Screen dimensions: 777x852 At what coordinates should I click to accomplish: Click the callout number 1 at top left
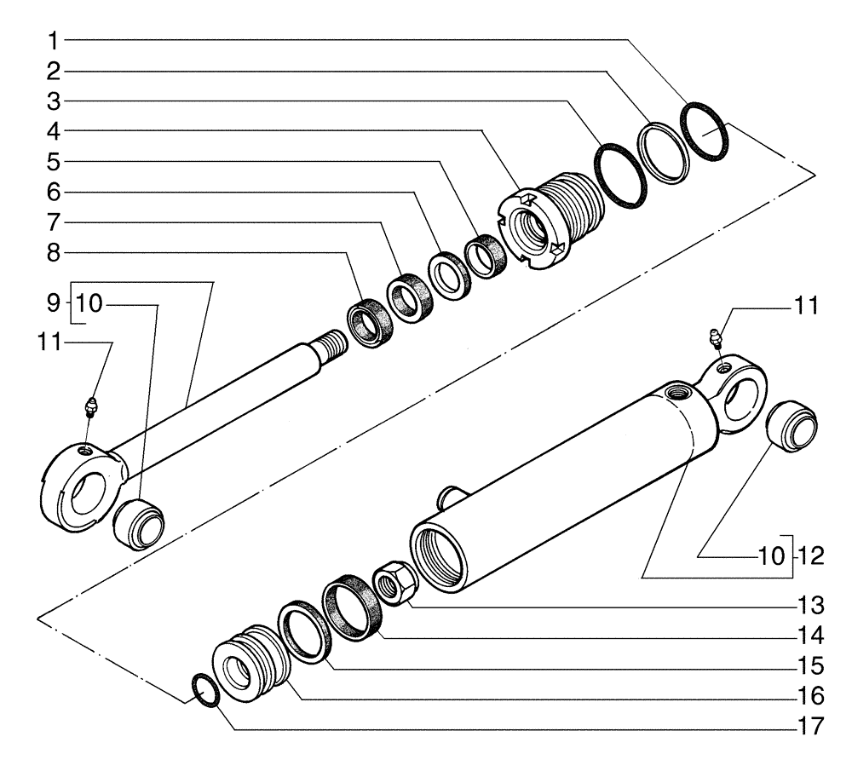pos(53,40)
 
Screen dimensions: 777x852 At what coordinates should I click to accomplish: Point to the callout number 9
pos(52,302)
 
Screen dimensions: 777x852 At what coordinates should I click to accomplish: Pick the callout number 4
pos(53,131)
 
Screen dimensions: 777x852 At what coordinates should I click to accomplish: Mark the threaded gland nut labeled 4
pos(550,224)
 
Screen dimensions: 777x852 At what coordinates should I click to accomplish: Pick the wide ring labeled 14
pos(350,607)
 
